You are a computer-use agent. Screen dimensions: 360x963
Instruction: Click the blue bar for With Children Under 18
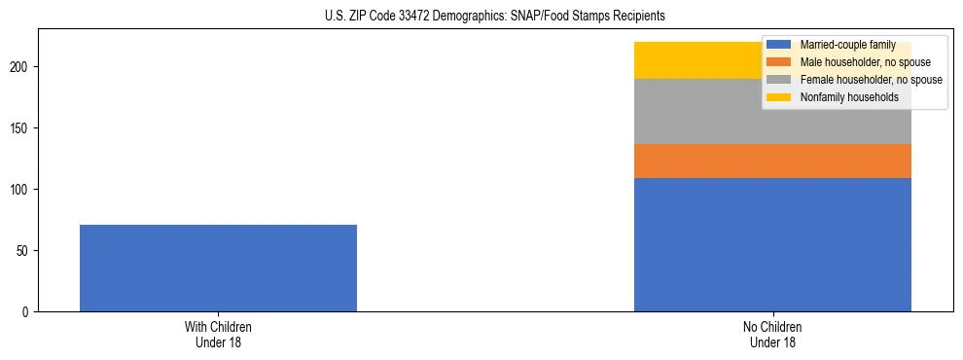(x=218, y=268)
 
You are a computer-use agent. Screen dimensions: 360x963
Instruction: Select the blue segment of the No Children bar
(x=772, y=244)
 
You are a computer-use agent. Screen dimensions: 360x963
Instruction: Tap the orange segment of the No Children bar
(x=772, y=161)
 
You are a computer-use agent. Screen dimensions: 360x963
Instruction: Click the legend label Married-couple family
(x=847, y=45)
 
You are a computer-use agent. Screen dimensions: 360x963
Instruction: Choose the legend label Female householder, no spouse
(x=871, y=80)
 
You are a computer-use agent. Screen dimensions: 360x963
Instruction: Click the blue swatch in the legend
(x=779, y=45)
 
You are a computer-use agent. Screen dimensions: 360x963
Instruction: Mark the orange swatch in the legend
(x=779, y=62)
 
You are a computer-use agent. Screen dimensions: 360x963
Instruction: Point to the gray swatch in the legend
(x=779, y=80)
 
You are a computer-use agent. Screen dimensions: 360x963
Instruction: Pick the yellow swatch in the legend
(x=779, y=97)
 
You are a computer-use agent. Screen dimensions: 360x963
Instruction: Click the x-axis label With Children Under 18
(x=218, y=335)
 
